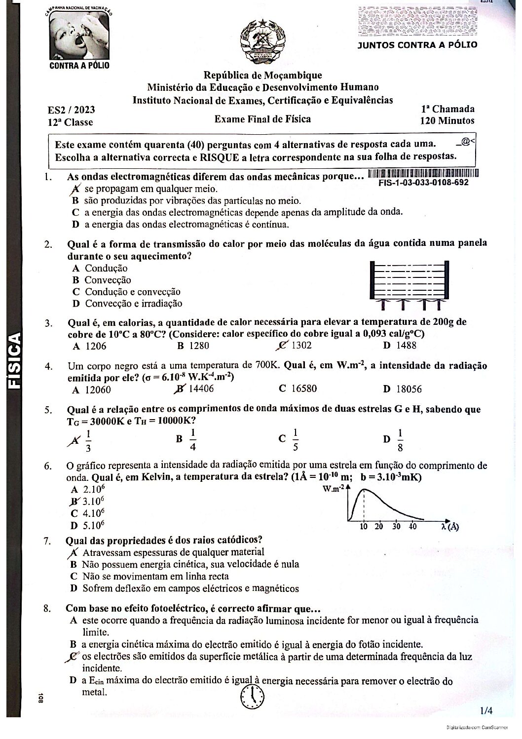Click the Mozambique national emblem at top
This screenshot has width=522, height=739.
[x=262, y=41]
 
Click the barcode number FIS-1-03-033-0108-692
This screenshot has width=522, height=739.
[x=424, y=183]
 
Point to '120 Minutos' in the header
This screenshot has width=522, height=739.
[x=447, y=120]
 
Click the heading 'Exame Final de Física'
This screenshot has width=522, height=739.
[x=262, y=119]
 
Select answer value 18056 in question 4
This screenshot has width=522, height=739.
[x=409, y=389]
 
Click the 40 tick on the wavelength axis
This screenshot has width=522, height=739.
[x=412, y=527]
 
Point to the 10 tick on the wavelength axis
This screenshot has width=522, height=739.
[x=364, y=527]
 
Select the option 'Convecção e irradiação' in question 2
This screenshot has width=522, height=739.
[x=133, y=304]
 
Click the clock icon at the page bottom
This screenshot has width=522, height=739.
[x=252, y=696]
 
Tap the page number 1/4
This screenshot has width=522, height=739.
[x=486, y=711]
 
